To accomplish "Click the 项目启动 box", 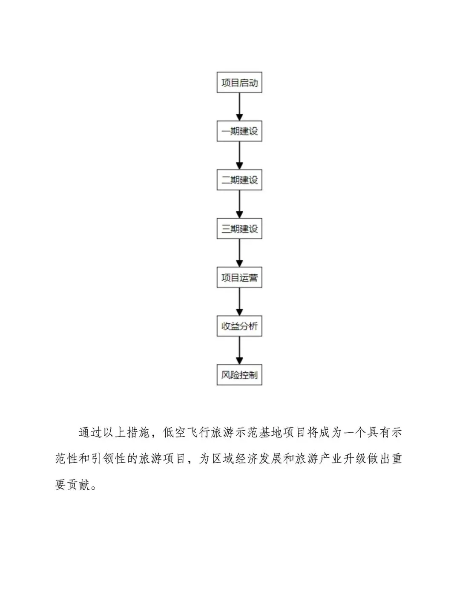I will (x=239, y=83).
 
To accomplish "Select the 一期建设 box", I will (x=239, y=132).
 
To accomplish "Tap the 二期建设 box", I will (x=239, y=180).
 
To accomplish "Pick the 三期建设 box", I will (x=239, y=229).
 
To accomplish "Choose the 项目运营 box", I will (x=239, y=278).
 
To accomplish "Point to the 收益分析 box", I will (x=239, y=327).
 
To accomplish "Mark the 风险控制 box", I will (x=239, y=375).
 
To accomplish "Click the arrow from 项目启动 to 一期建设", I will (x=239, y=107).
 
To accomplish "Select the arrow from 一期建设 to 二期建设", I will (x=239, y=156).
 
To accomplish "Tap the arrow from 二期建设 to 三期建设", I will (x=239, y=204).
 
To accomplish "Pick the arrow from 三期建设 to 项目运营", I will (x=239, y=253).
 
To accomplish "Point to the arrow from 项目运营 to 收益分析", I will (x=239, y=302).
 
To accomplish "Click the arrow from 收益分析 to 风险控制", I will (x=239, y=351).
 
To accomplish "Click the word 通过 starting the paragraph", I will (x=90, y=433).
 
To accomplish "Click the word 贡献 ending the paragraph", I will (x=72, y=485).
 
